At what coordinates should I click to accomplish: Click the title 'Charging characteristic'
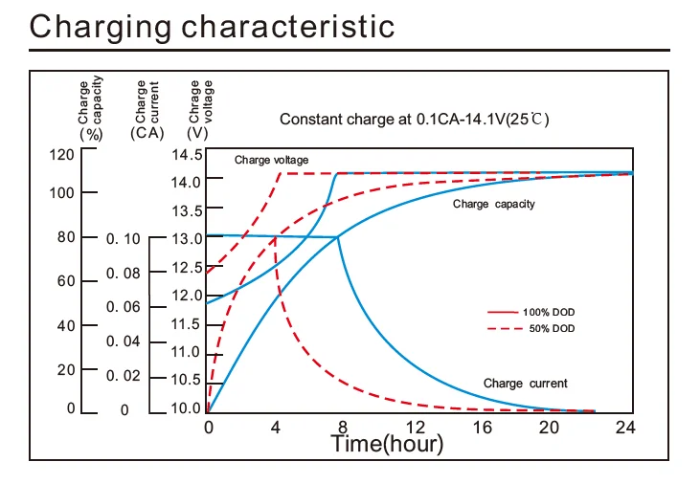coord(212,26)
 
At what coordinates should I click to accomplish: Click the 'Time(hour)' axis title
coord(387,443)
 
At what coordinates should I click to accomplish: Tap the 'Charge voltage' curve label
coord(271,160)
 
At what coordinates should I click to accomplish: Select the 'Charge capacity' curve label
coord(493,204)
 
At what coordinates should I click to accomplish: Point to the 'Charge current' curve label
coord(525,384)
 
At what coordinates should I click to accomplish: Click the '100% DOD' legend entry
coord(549,313)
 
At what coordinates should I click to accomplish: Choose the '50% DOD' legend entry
coord(552,328)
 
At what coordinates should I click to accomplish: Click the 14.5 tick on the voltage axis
coord(186,155)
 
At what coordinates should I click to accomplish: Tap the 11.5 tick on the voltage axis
coord(186,324)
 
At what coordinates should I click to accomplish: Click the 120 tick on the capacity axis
coord(62,155)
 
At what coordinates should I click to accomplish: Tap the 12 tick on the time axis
coord(416,427)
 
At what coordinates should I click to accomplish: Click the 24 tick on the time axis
coord(624,427)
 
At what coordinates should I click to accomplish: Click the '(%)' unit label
coord(90,134)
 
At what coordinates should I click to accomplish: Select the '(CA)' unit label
coord(147,134)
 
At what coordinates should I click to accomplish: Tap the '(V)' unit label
coord(197,134)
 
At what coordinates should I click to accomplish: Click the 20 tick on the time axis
coord(554,427)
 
